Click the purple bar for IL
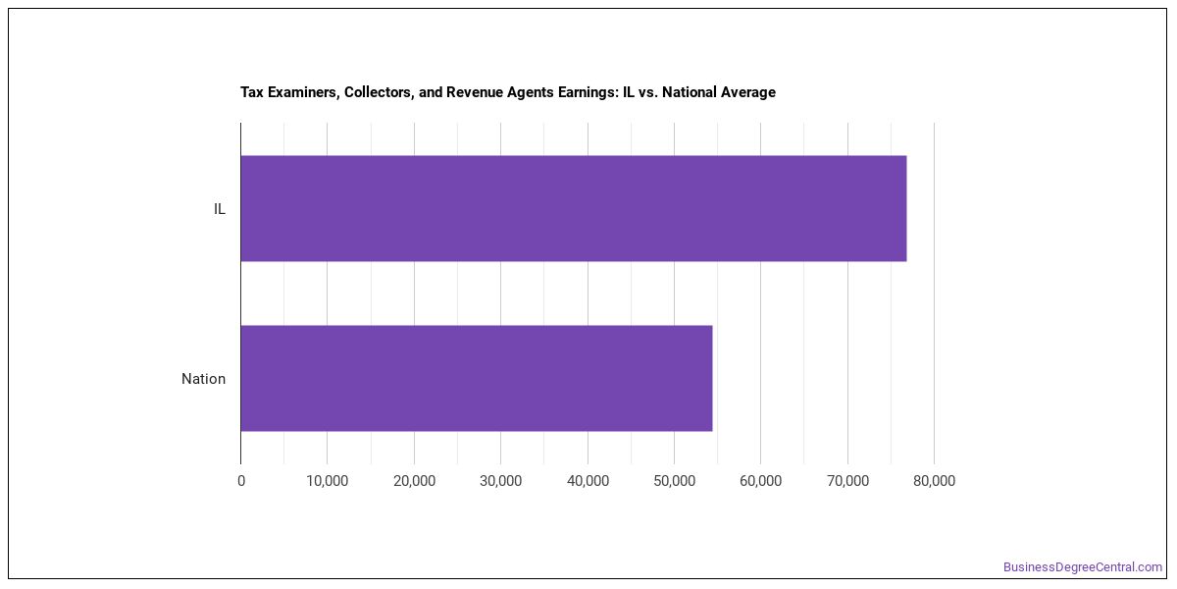[573, 208]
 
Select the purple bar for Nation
[477, 378]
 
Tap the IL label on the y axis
[219, 209]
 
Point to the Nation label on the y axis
[203, 379]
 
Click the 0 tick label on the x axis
[241, 481]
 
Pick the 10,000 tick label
[328, 481]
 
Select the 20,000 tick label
[414, 481]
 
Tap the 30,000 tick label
[501, 481]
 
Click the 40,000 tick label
[588, 481]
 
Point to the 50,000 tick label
[674, 481]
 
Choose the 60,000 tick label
[761, 481]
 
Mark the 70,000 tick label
[847, 481]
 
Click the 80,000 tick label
[934, 481]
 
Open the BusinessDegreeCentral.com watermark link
[1083, 567]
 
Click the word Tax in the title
[252, 92]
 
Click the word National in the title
[689, 92]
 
